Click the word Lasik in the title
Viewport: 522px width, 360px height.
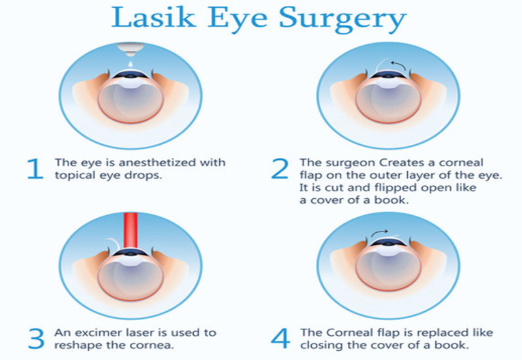click(153, 17)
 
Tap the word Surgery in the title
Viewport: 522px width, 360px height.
click(343, 20)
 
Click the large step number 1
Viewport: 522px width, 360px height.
click(36, 169)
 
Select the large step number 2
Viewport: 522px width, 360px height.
click(280, 169)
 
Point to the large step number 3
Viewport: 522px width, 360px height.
click(37, 338)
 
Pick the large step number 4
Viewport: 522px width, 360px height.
click(281, 338)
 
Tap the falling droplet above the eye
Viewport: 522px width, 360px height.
click(130, 63)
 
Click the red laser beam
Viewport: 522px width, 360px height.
click(130, 231)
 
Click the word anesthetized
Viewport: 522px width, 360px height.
click(157, 162)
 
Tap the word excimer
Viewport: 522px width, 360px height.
click(99, 333)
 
